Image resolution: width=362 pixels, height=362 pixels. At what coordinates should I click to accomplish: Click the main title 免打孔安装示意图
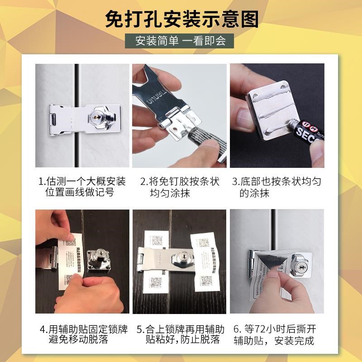point(181,19)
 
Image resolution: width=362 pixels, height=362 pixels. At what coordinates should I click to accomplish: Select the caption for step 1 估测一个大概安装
point(82,187)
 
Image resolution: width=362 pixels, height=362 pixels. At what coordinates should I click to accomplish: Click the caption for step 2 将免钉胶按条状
point(180,187)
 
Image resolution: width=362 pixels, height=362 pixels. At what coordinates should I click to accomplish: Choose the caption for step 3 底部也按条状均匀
point(277,187)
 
